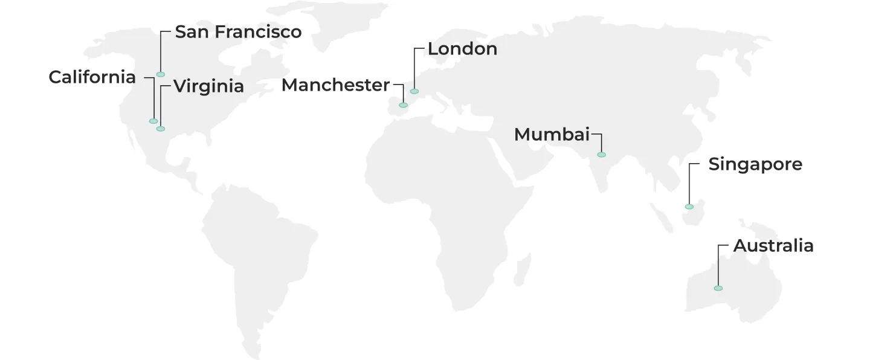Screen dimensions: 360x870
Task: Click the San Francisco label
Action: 238,32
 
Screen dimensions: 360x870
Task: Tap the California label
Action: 92,77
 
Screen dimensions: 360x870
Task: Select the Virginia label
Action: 208,86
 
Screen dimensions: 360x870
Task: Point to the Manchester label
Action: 335,86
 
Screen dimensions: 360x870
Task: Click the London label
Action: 462,49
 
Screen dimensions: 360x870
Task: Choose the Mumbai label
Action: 551,135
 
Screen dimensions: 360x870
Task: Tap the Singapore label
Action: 755,164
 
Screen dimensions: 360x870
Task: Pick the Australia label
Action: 773,246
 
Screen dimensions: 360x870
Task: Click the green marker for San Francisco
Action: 161,74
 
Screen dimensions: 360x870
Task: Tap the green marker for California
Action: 153,121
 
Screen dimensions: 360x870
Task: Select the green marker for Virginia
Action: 161,129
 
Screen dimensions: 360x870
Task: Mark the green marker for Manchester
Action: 403,105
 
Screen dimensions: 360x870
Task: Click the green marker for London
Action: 414,91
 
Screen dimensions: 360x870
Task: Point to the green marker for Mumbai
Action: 601,155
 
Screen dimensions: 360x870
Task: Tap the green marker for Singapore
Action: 689,207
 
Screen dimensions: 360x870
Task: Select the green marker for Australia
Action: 718,288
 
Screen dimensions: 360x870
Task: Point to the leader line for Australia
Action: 718,266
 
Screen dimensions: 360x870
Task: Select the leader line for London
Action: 414,69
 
